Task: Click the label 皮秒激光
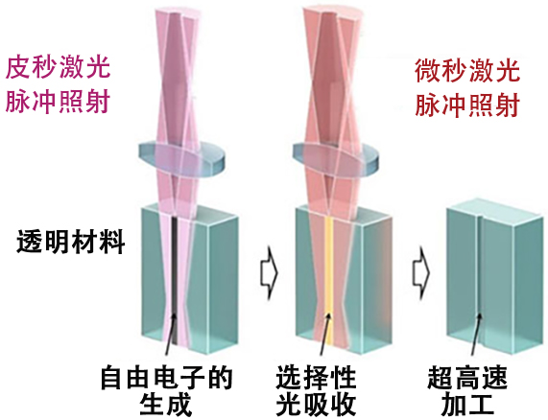58,67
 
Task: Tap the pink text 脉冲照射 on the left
58,102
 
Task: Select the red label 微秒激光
467,71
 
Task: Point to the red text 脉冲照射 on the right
467,105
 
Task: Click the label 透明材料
71,242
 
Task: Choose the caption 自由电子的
166,378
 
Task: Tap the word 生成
166,405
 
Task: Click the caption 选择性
316,378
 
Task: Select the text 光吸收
316,405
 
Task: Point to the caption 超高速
467,378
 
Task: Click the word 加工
467,405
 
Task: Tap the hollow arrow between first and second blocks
269,272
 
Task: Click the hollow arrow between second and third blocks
420,272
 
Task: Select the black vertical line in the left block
174,281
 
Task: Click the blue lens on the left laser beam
180,159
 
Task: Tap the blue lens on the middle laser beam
335,159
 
